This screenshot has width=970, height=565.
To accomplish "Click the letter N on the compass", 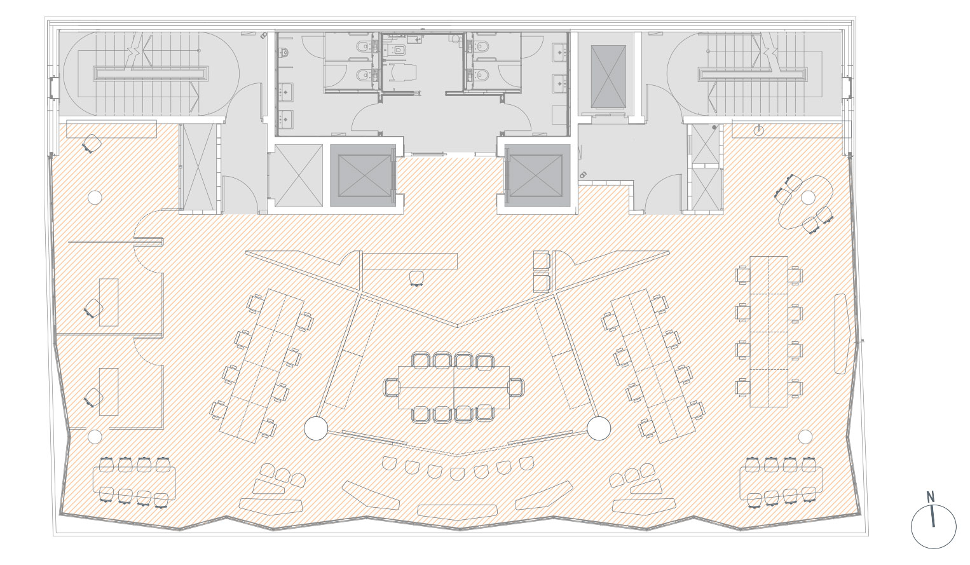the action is pos(930,496).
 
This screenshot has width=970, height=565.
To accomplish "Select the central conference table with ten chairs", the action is pos(454,387).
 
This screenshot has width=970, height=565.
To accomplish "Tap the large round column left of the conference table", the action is pos(316,428).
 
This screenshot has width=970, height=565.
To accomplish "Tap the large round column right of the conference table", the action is pos(599,428).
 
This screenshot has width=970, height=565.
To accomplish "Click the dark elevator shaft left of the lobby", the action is pos(363,175).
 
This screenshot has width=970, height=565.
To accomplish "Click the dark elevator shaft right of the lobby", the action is pos(537,175).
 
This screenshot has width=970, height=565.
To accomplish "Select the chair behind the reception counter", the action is pos(416,278).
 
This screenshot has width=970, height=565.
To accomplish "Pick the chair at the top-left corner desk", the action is pos(92,143).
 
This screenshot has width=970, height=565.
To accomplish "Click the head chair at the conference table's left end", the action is pos(392,387).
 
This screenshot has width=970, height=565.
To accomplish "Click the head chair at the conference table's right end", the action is pos(516,387).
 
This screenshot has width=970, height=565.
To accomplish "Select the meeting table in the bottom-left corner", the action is pos(134,483).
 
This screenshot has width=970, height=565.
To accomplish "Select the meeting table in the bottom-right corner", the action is pos(781,483).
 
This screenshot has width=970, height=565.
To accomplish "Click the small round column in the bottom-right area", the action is pos(805,437).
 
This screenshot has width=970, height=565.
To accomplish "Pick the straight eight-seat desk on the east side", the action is pos(768,332).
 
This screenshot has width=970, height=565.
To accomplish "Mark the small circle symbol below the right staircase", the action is pos(759,130).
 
